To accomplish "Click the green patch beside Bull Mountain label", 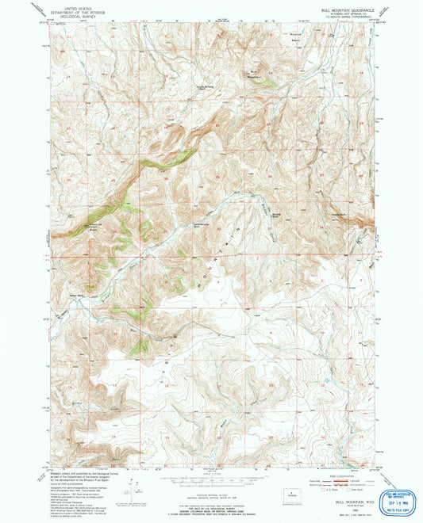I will (x=268, y=80).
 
